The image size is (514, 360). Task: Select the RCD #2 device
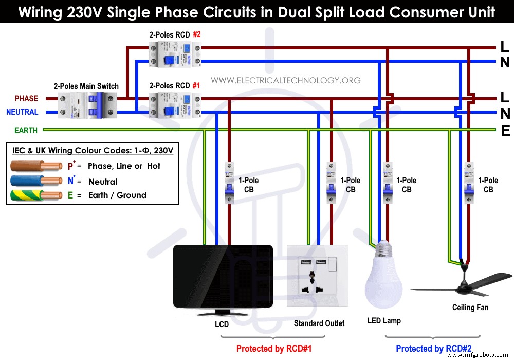[169, 54]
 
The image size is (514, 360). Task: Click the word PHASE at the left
[26, 98]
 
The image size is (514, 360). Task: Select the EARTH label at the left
[26, 131]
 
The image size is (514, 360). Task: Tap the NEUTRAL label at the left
[22, 112]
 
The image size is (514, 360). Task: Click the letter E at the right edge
[505, 131]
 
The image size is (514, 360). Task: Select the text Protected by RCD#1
[273, 349]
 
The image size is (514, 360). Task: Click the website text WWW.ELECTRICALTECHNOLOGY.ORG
[285, 80]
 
